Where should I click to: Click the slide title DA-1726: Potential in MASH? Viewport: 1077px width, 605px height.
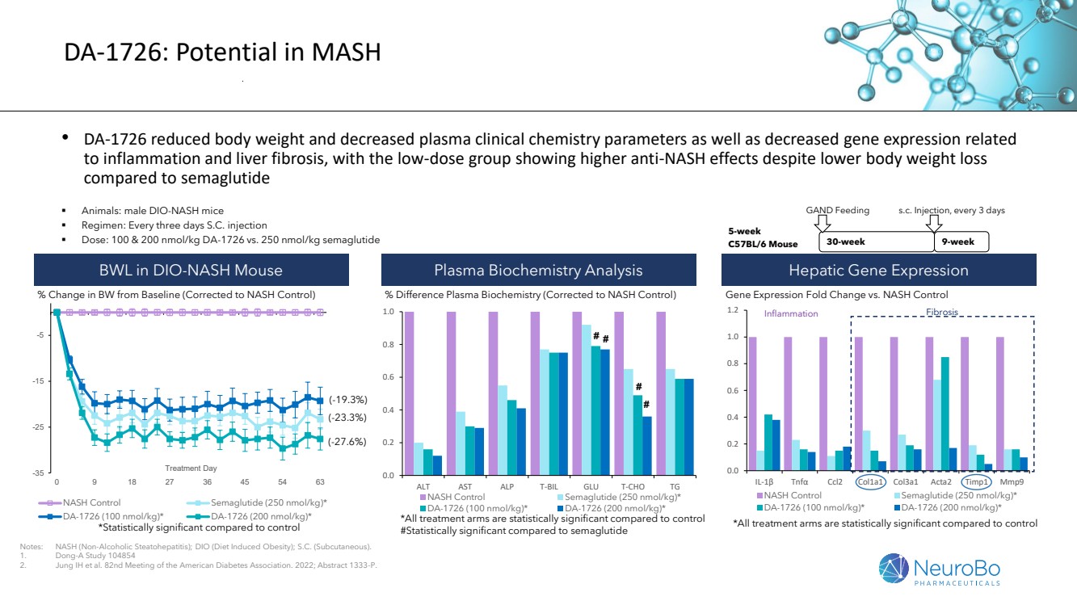pyautogui.click(x=222, y=53)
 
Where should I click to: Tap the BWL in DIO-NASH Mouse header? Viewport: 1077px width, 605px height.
pyautogui.click(x=191, y=270)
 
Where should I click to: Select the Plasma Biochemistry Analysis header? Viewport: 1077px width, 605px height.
pyautogui.click(x=538, y=270)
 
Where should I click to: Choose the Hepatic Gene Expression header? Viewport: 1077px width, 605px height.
pyautogui.click(x=878, y=270)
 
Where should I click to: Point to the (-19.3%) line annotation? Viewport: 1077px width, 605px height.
pyautogui.click(x=348, y=399)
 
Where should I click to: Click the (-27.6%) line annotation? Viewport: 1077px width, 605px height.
pyautogui.click(x=348, y=442)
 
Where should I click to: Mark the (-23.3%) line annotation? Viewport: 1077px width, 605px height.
pyautogui.click(x=348, y=418)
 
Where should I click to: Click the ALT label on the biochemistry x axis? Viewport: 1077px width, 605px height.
pyautogui.click(x=423, y=486)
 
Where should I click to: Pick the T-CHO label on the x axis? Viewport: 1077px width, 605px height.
pyautogui.click(x=633, y=486)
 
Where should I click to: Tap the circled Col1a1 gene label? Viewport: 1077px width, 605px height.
pyautogui.click(x=873, y=482)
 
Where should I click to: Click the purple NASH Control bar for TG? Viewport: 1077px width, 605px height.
pyautogui.click(x=661, y=393)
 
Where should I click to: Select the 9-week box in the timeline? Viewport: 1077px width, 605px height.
pyautogui.click(x=961, y=242)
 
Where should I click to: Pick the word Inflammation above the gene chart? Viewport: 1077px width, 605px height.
pyautogui.click(x=791, y=313)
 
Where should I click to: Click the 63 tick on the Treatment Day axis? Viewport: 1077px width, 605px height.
pyautogui.click(x=320, y=481)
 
